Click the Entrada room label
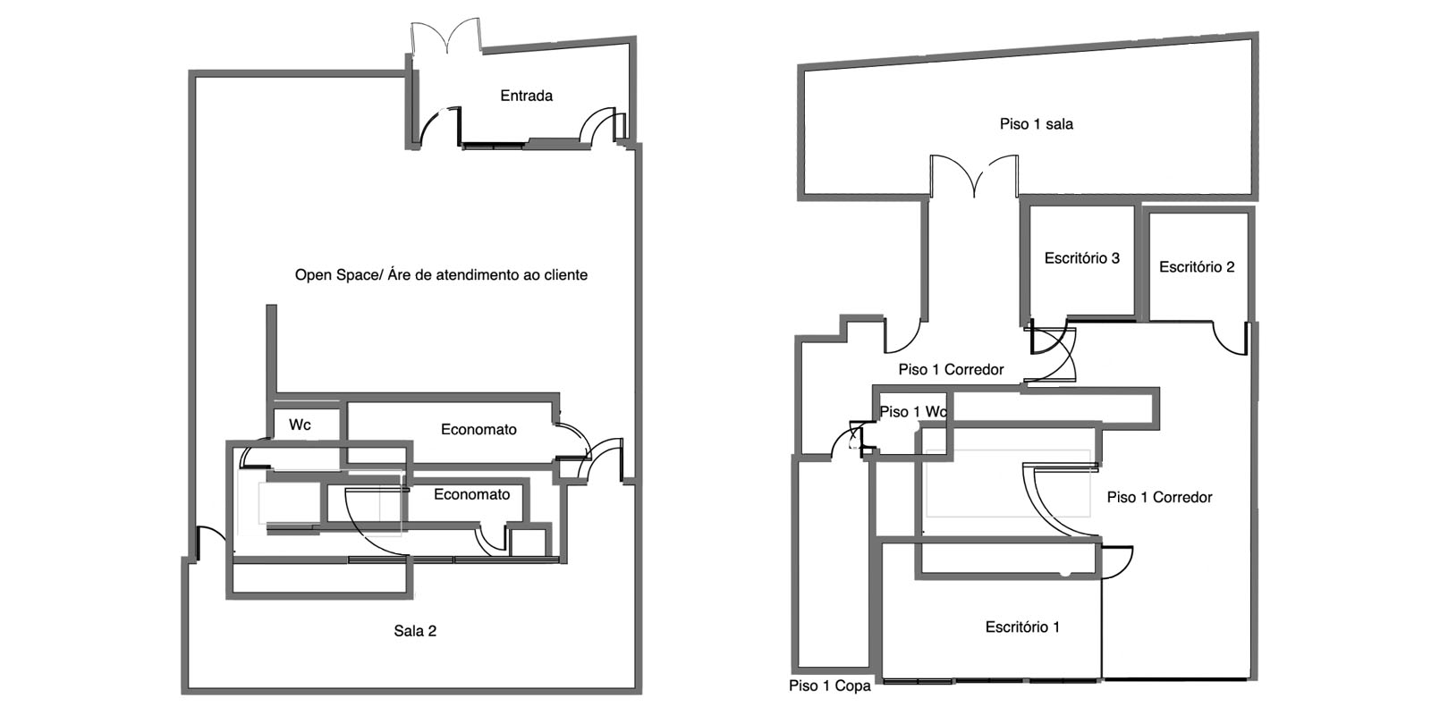[526, 96]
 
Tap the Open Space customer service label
[441, 275]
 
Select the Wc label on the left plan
[300, 425]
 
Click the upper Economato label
[478, 430]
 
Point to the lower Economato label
[471, 494]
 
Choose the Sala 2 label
[415, 631]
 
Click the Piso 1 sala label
[1036, 124]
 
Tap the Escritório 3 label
[1081, 258]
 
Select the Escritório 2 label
[1196, 266]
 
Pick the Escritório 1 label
[1022, 627]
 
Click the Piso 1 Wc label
[912, 412]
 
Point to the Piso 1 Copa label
[829, 686]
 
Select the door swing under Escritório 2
[1229, 338]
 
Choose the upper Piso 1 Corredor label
[951, 369]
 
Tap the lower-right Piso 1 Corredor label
[1159, 497]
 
